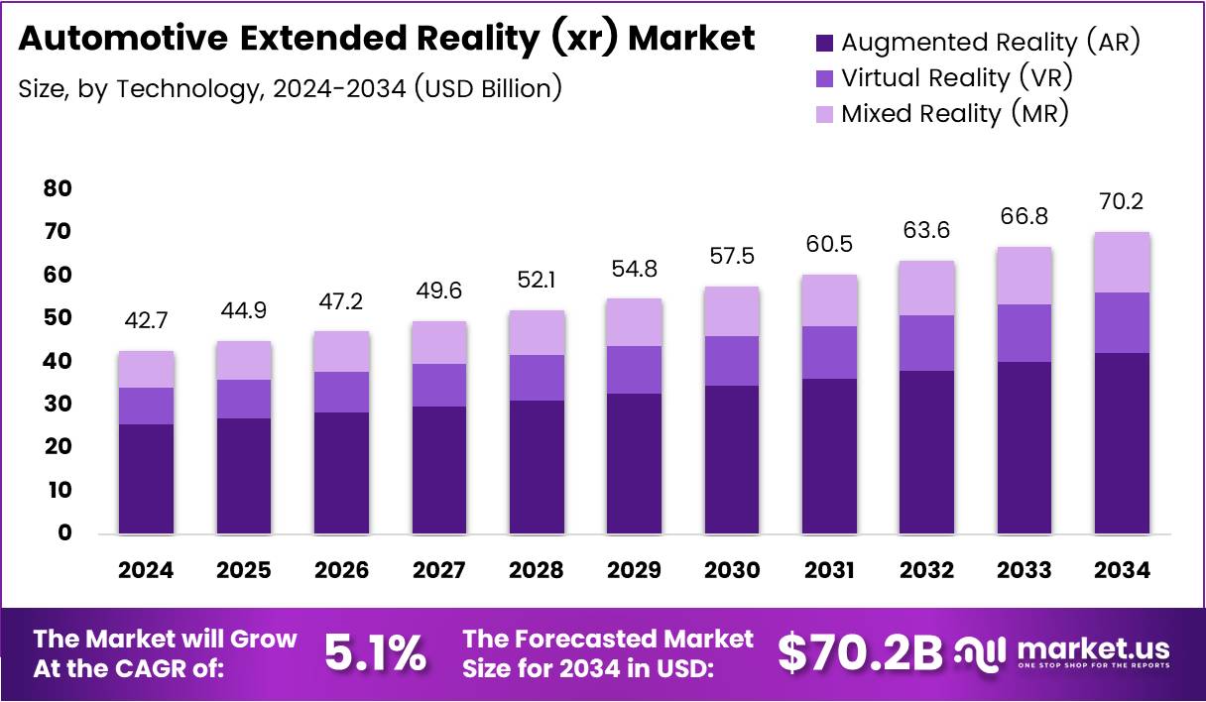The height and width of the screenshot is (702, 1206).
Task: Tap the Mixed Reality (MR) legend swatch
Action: (825, 114)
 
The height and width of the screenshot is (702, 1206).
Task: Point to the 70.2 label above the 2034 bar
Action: (1123, 202)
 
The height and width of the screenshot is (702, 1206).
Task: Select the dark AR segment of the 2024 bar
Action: (146, 479)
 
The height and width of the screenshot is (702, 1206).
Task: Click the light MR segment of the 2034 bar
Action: (1123, 262)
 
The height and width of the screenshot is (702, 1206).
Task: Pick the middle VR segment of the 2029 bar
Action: (634, 369)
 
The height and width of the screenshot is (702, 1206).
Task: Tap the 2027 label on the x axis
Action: (438, 570)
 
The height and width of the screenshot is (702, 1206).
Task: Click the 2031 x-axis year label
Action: (829, 570)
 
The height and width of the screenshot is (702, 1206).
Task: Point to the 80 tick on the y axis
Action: (58, 187)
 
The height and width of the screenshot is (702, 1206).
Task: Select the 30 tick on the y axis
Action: (58, 404)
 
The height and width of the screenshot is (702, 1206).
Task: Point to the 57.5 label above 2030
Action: (732, 256)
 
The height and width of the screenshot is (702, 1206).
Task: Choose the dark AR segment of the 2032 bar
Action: (926, 452)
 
